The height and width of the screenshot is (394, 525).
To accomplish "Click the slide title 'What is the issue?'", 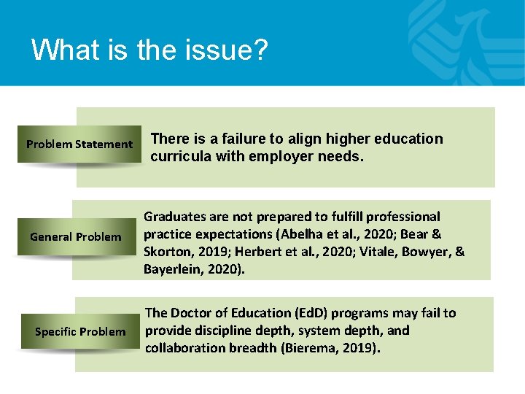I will [x=149, y=50].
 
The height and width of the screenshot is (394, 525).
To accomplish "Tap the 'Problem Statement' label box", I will [x=79, y=144].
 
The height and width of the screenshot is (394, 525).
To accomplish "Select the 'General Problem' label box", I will [x=76, y=236].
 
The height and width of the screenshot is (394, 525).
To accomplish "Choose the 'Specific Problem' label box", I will [x=80, y=332].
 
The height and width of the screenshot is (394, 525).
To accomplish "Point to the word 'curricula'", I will [x=180, y=155].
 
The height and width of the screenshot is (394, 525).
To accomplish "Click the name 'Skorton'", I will [x=168, y=252].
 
